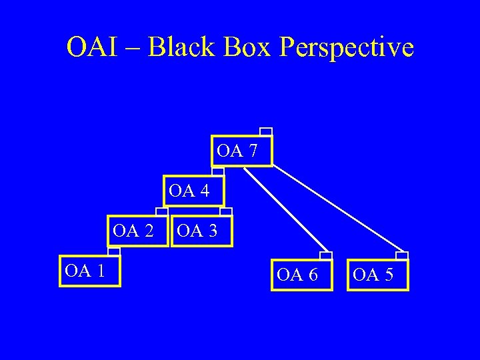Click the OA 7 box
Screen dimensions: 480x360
click(241, 151)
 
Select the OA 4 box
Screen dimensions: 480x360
click(193, 191)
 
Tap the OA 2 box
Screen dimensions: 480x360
click(137, 231)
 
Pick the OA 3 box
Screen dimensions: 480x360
click(202, 231)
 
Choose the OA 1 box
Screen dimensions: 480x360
click(90, 271)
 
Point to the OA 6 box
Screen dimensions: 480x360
click(301, 275)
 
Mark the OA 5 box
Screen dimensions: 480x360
click(378, 275)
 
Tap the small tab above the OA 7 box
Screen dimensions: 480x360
click(265, 131)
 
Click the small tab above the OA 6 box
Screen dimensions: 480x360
click(326, 255)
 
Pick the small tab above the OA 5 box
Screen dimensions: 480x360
click(402, 255)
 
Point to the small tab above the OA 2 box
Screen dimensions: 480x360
click(162, 211)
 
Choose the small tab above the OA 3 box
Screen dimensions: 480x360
click(225, 212)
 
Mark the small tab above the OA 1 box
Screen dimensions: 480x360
click(114, 251)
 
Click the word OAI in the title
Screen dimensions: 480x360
click(88, 47)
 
